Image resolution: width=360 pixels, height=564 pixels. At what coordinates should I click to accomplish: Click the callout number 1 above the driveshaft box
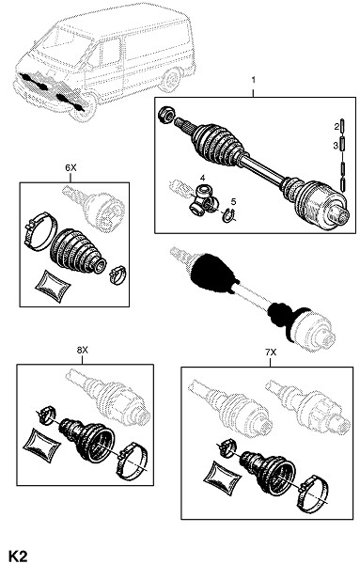point(253,80)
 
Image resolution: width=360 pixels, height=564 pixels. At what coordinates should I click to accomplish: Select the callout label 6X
point(70,167)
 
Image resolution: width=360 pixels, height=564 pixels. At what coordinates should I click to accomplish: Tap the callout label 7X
point(271,352)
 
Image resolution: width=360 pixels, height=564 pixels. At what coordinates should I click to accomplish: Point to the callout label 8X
point(83,350)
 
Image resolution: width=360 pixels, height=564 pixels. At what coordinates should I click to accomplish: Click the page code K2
point(19,556)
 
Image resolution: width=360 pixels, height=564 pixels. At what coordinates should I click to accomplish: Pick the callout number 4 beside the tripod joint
point(202,178)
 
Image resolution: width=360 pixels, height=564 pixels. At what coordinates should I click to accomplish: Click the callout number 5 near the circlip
point(233,201)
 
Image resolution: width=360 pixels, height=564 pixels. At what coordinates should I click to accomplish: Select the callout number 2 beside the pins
point(337,126)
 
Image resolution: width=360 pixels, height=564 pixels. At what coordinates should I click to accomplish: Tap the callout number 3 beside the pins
point(336,146)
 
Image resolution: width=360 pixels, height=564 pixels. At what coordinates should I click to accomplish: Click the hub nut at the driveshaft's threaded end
point(166,115)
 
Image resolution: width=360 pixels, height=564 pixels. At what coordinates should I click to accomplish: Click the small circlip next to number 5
point(228,215)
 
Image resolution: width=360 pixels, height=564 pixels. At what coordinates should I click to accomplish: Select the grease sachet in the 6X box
point(53,285)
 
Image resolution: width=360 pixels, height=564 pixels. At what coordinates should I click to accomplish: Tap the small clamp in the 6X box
point(117,274)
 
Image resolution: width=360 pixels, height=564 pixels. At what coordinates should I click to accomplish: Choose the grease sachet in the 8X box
point(40,445)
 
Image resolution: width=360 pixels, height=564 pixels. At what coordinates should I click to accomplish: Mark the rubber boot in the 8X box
point(86,439)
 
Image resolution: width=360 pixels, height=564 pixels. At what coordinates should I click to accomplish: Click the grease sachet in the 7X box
point(222,477)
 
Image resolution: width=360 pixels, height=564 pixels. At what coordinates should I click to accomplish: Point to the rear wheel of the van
point(171,80)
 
